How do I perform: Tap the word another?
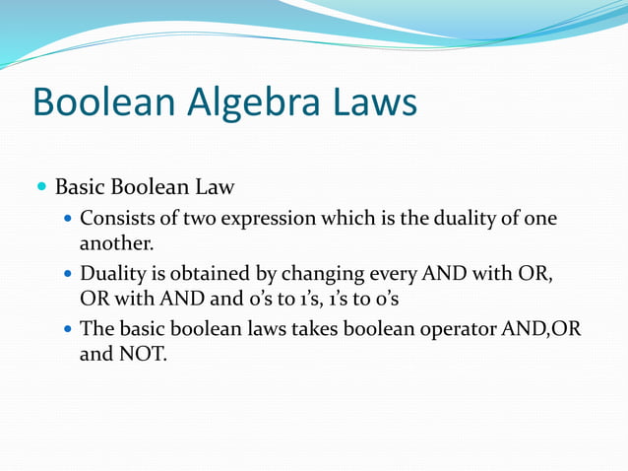click(115, 241)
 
